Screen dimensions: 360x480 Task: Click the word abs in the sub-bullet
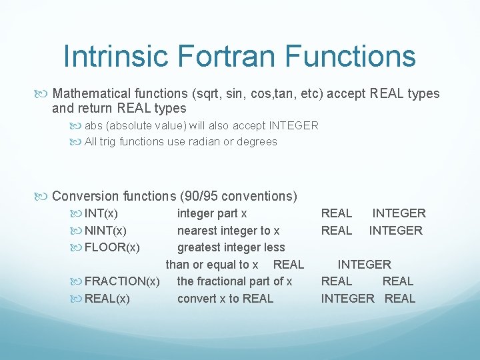coord(94,125)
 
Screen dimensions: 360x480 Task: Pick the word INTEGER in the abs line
coord(293,125)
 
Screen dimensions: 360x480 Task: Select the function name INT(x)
coord(101,213)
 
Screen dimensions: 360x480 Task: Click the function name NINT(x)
coord(105,231)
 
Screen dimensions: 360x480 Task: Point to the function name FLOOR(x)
coord(112,248)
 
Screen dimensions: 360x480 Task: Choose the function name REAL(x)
coord(107,299)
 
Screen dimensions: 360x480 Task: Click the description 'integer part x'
coord(212,213)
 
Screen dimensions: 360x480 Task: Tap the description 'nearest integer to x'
coord(228,231)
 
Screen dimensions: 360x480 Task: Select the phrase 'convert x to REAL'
coord(225,299)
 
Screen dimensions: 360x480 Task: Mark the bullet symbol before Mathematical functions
coord(45,93)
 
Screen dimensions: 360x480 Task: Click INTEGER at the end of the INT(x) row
coord(399,213)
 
